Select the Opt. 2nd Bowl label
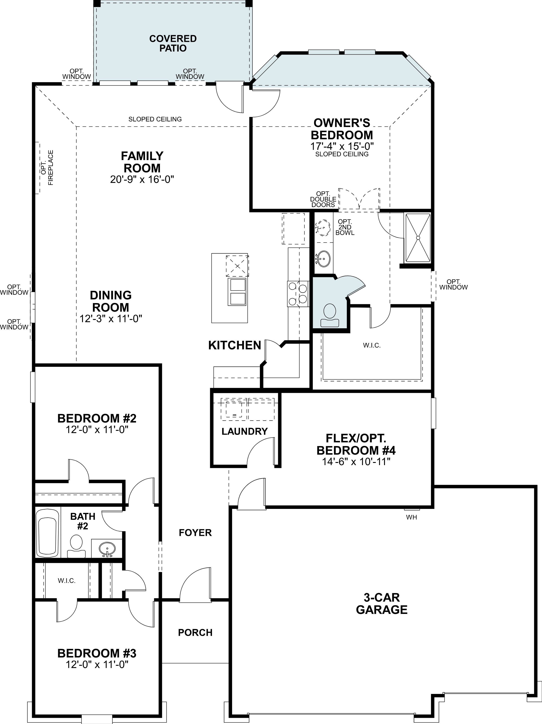pos(345,227)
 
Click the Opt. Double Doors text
pos(324,199)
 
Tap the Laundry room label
pos(245,431)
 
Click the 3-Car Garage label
pos(382,604)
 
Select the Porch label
pos(195,632)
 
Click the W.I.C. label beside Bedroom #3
pos(67,581)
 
